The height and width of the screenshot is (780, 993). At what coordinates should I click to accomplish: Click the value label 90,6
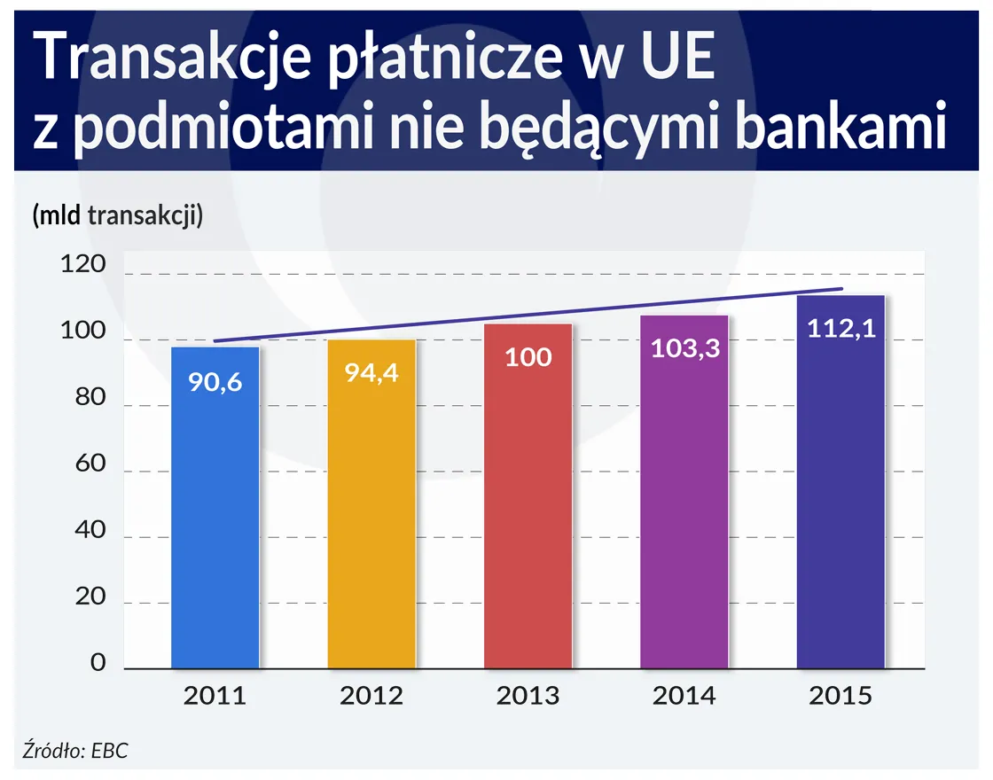[215, 383]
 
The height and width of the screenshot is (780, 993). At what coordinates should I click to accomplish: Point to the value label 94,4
[371, 372]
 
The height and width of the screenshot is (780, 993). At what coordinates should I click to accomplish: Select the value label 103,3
[684, 348]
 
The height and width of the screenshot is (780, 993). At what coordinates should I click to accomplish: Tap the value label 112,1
[841, 328]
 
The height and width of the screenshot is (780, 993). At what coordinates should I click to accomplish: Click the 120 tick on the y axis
[84, 266]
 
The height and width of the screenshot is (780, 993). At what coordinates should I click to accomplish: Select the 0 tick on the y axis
[98, 663]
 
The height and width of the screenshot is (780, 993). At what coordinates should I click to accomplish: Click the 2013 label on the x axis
[528, 696]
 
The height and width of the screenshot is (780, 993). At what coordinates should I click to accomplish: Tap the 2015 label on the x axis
[841, 696]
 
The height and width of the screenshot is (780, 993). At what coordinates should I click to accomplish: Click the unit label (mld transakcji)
[118, 215]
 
